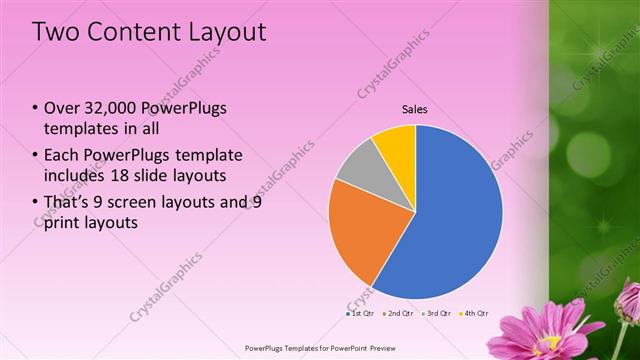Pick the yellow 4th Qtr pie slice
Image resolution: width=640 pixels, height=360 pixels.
[396, 145]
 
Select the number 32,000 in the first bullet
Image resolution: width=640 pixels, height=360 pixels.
[113, 108]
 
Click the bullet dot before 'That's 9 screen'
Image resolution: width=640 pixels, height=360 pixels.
[36, 201]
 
